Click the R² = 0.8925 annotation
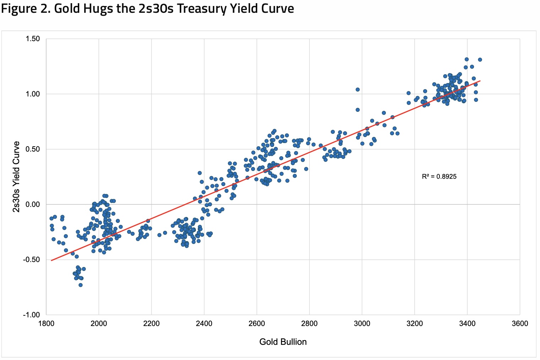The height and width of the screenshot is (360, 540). pos(439,176)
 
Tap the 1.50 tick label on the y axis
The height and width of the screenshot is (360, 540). pos(33,39)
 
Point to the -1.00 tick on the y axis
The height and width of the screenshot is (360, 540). pos(32,315)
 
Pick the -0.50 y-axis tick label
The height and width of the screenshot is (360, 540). pos(32,260)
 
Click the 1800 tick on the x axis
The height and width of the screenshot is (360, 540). pos(46,323)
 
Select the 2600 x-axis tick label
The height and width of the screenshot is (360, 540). pos(257,323)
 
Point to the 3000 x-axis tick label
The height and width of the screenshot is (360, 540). pos(362,323)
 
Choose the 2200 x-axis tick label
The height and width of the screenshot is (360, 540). pos(151,323)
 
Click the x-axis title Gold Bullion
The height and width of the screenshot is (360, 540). pos(283,342)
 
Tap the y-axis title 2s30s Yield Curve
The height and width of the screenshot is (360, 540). pos(16,176)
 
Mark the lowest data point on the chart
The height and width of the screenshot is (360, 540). pos(81,285)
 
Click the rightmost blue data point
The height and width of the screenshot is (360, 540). pos(480,60)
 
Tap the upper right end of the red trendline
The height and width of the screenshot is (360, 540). pos(480,81)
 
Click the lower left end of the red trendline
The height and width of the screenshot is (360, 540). pos(51,261)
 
